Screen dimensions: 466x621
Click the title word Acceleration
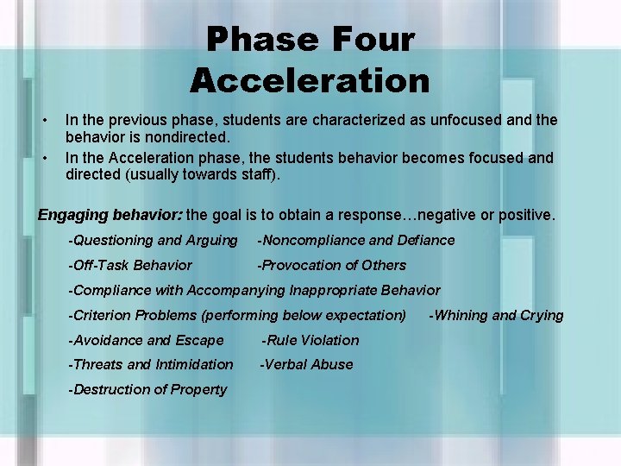point(310,80)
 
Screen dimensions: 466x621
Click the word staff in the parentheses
point(273,174)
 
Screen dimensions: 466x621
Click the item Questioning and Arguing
point(154,241)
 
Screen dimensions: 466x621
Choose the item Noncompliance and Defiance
point(357,241)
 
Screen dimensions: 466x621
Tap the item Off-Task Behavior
point(131,266)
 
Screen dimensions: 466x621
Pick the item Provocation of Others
point(332,266)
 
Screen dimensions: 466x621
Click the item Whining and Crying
point(496,315)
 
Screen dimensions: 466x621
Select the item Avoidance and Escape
point(147,340)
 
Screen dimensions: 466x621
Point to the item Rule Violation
point(310,340)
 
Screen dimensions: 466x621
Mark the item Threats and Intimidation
point(152,364)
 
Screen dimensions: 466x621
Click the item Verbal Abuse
point(307,364)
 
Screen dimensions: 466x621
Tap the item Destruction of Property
point(148,389)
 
